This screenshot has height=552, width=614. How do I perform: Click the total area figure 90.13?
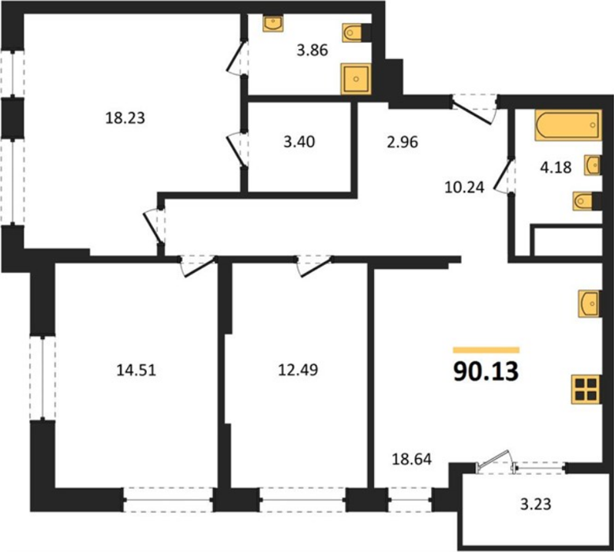486,371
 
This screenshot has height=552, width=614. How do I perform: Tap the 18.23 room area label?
125,117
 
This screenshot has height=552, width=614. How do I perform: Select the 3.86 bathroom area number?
312,50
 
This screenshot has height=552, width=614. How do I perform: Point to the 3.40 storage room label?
299,142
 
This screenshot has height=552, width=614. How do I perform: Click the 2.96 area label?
402,142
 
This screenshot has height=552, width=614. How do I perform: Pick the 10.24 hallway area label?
464,188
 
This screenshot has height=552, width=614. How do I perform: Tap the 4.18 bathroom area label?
556,167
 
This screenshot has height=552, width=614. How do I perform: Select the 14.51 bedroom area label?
137,370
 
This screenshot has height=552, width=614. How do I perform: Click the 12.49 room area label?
298,369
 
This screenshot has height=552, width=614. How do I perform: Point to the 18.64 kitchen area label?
412,459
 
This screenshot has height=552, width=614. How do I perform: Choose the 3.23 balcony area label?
536,504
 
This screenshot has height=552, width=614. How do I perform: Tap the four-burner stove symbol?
586,390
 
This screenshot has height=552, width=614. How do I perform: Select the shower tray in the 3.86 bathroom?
356,79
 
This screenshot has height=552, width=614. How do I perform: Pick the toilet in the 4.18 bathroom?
586,201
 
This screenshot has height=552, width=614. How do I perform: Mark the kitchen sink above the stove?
590,304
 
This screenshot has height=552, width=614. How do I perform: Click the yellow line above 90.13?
486,350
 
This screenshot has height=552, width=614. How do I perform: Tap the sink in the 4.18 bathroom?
593,165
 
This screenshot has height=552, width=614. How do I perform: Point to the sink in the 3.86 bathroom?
274,24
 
